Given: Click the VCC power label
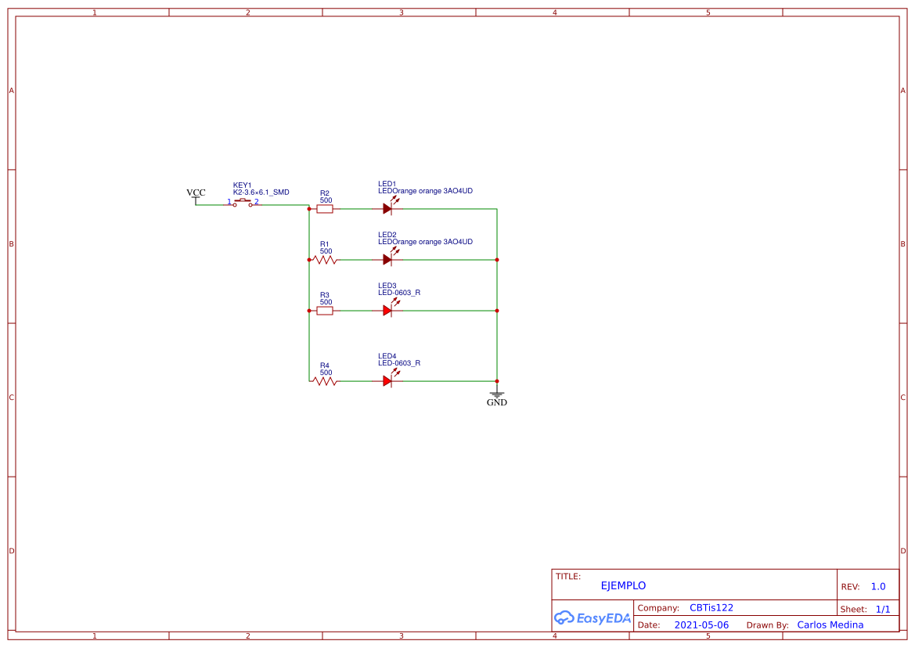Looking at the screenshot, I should (x=196, y=193).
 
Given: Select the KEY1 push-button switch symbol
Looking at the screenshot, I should (x=243, y=203).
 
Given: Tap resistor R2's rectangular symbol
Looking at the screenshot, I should (x=325, y=209).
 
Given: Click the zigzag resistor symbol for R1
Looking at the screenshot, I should (x=325, y=260).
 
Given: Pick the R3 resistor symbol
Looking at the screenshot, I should (x=325, y=311).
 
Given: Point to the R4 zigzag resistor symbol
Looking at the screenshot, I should (x=325, y=381).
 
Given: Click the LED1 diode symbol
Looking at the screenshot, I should (x=387, y=209).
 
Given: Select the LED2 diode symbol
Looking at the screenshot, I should (x=387, y=260).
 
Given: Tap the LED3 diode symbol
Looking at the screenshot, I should (x=387, y=311).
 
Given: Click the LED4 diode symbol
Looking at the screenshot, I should (x=387, y=381).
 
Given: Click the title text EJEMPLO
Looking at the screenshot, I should (x=623, y=585).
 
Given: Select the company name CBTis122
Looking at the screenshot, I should (x=711, y=607).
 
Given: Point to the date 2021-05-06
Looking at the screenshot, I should (x=701, y=625).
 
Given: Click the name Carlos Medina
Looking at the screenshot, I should (x=830, y=625).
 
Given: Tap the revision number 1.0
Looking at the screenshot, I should (x=878, y=586).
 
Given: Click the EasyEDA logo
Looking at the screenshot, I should (x=593, y=617).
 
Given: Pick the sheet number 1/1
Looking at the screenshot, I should (x=883, y=609).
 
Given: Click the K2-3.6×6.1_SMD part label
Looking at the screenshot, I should (x=261, y=193).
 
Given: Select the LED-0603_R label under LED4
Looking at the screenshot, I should (x=399, y=363).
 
